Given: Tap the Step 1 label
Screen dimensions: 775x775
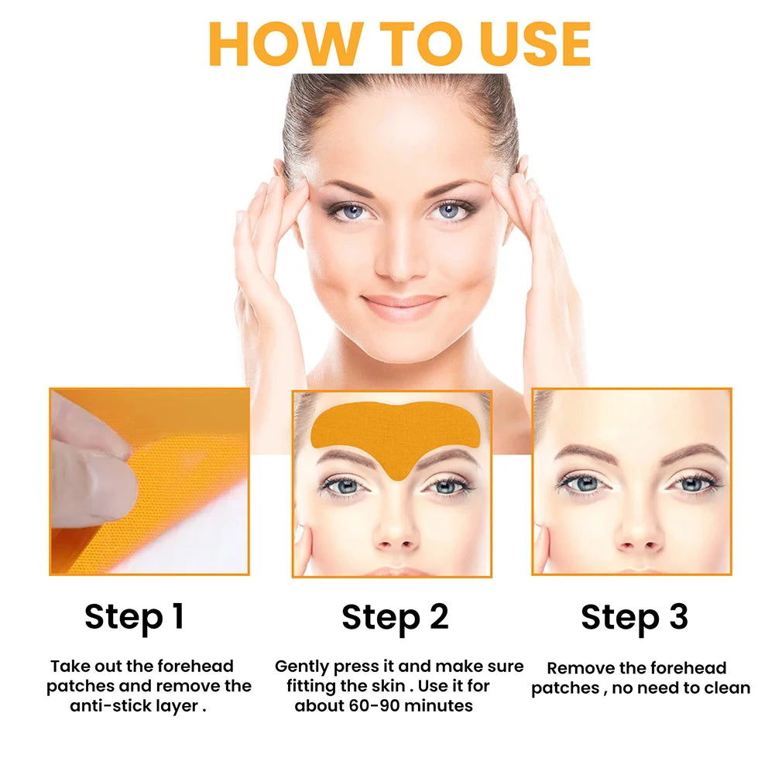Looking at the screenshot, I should pos(134,617).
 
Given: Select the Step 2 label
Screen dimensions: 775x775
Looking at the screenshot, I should pos(395,617).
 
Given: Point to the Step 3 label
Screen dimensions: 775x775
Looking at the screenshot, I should pos(634,617).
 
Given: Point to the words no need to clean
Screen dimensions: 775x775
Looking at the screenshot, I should pos(681,688).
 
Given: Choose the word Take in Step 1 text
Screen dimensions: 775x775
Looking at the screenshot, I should pos(68,666).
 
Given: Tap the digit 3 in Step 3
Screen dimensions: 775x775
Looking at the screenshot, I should pos(676,617).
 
